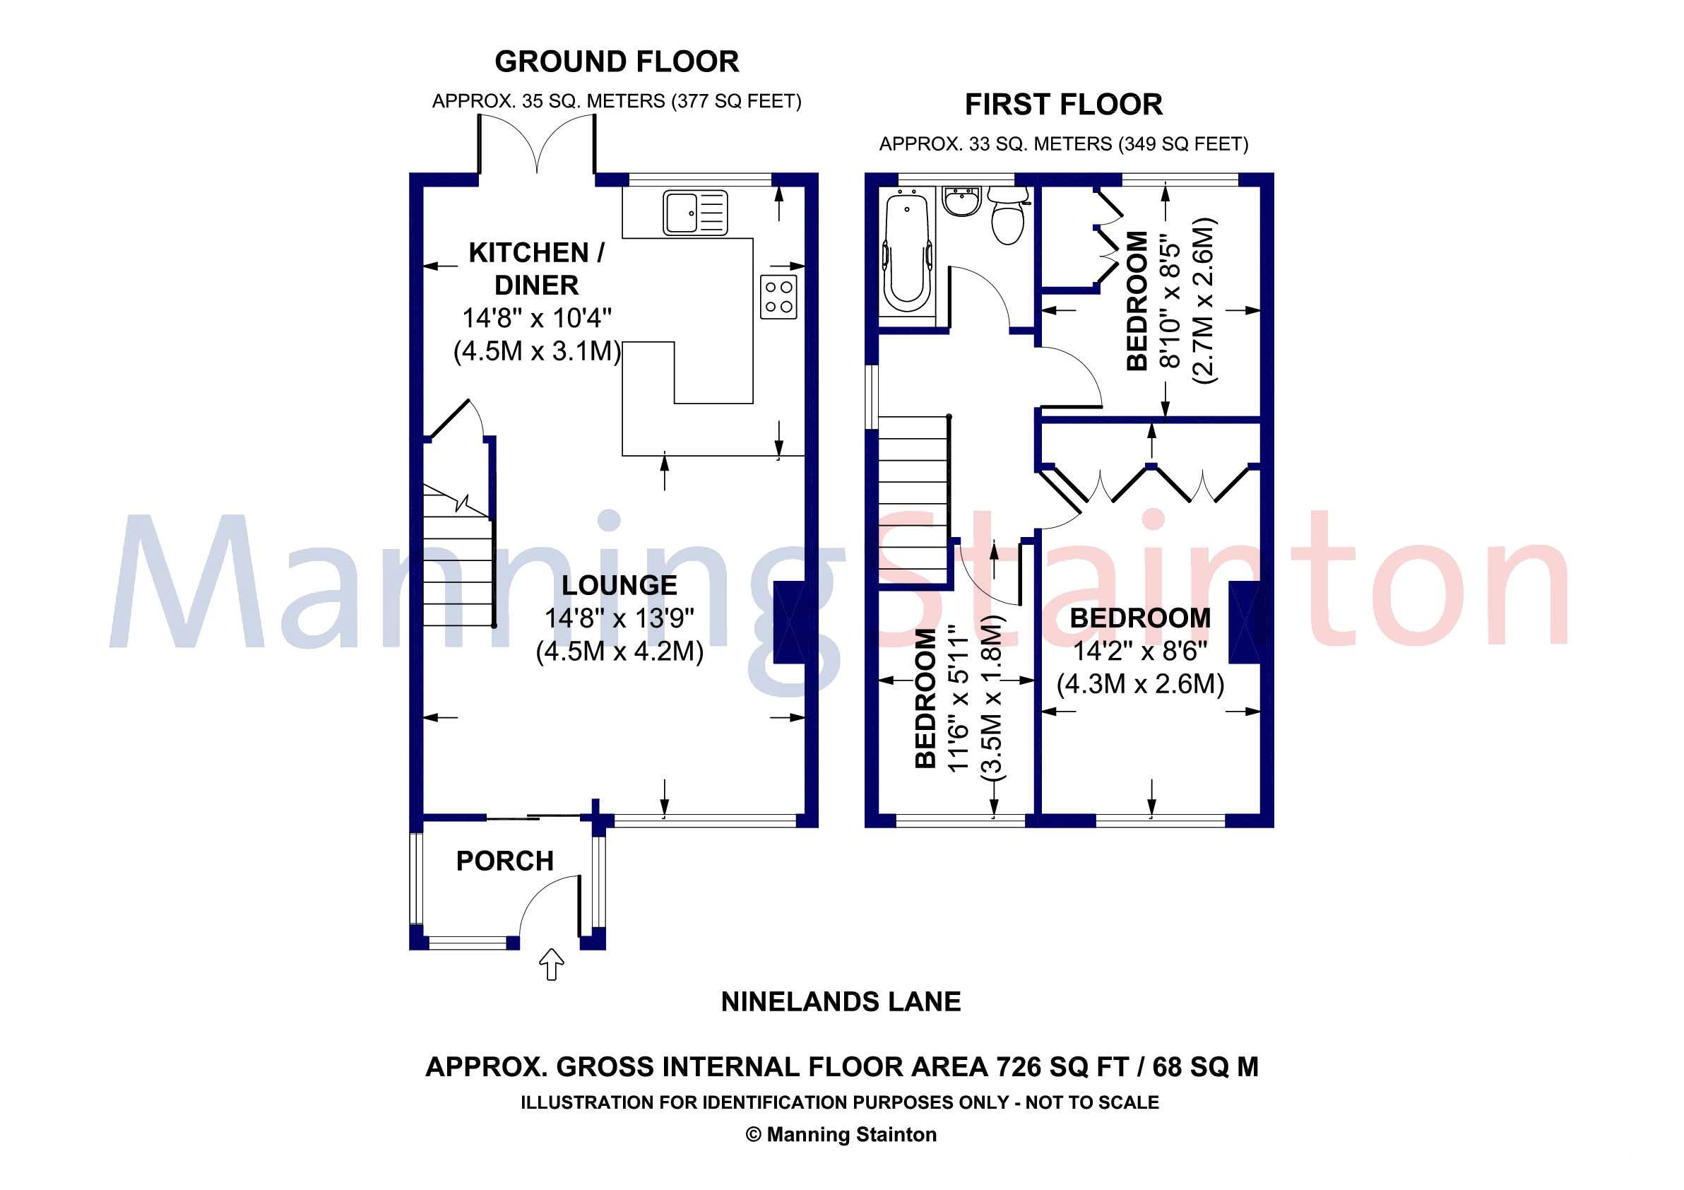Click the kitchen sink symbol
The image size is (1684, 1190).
[694, 213]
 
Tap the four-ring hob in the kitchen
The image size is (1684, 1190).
[778, 296]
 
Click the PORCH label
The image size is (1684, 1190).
[504, 861]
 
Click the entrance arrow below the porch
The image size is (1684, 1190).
[551, 965]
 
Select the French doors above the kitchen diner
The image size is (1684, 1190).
[537, 147]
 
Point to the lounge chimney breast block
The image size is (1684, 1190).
[788, 623]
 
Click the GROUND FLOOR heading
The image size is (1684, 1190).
[617, 61]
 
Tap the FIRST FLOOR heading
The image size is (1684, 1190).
[1063, 105]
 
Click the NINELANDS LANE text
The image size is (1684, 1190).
[841, 1001]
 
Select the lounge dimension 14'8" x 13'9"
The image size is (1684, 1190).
[619, 618]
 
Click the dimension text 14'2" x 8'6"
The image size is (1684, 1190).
[1139, 651]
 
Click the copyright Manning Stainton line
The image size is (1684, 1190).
[841, 1134]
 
